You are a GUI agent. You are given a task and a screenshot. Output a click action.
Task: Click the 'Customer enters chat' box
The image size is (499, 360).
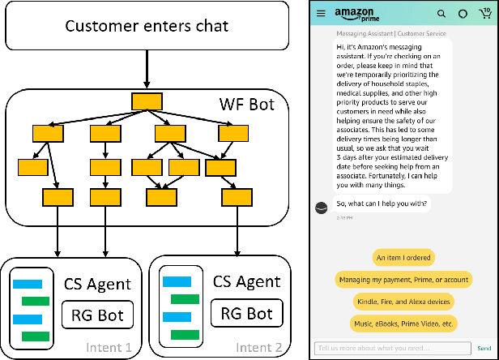(x=147, y=26)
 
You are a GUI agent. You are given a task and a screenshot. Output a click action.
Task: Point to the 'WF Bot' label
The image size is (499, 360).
(x=245, y=105)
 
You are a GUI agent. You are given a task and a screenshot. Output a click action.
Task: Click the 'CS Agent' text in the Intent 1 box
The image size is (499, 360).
(x=97, y=284)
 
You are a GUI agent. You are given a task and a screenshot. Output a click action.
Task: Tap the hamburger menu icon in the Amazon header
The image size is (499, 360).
(x=321, y=14)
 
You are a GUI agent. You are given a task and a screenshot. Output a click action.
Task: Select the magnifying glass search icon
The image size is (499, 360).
(x=441, y=14)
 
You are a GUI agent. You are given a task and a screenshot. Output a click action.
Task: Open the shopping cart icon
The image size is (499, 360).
(x=484, y=14)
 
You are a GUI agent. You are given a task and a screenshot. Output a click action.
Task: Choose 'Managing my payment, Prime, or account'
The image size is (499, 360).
(x=404, y=280)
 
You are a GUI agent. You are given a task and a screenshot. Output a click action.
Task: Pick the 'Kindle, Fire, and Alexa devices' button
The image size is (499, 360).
(x=404, y=302)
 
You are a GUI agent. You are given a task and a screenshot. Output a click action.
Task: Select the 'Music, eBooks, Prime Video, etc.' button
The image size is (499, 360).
(x=404, y=324)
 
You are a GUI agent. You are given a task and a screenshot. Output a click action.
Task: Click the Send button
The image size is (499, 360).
(x=484, y=348)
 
